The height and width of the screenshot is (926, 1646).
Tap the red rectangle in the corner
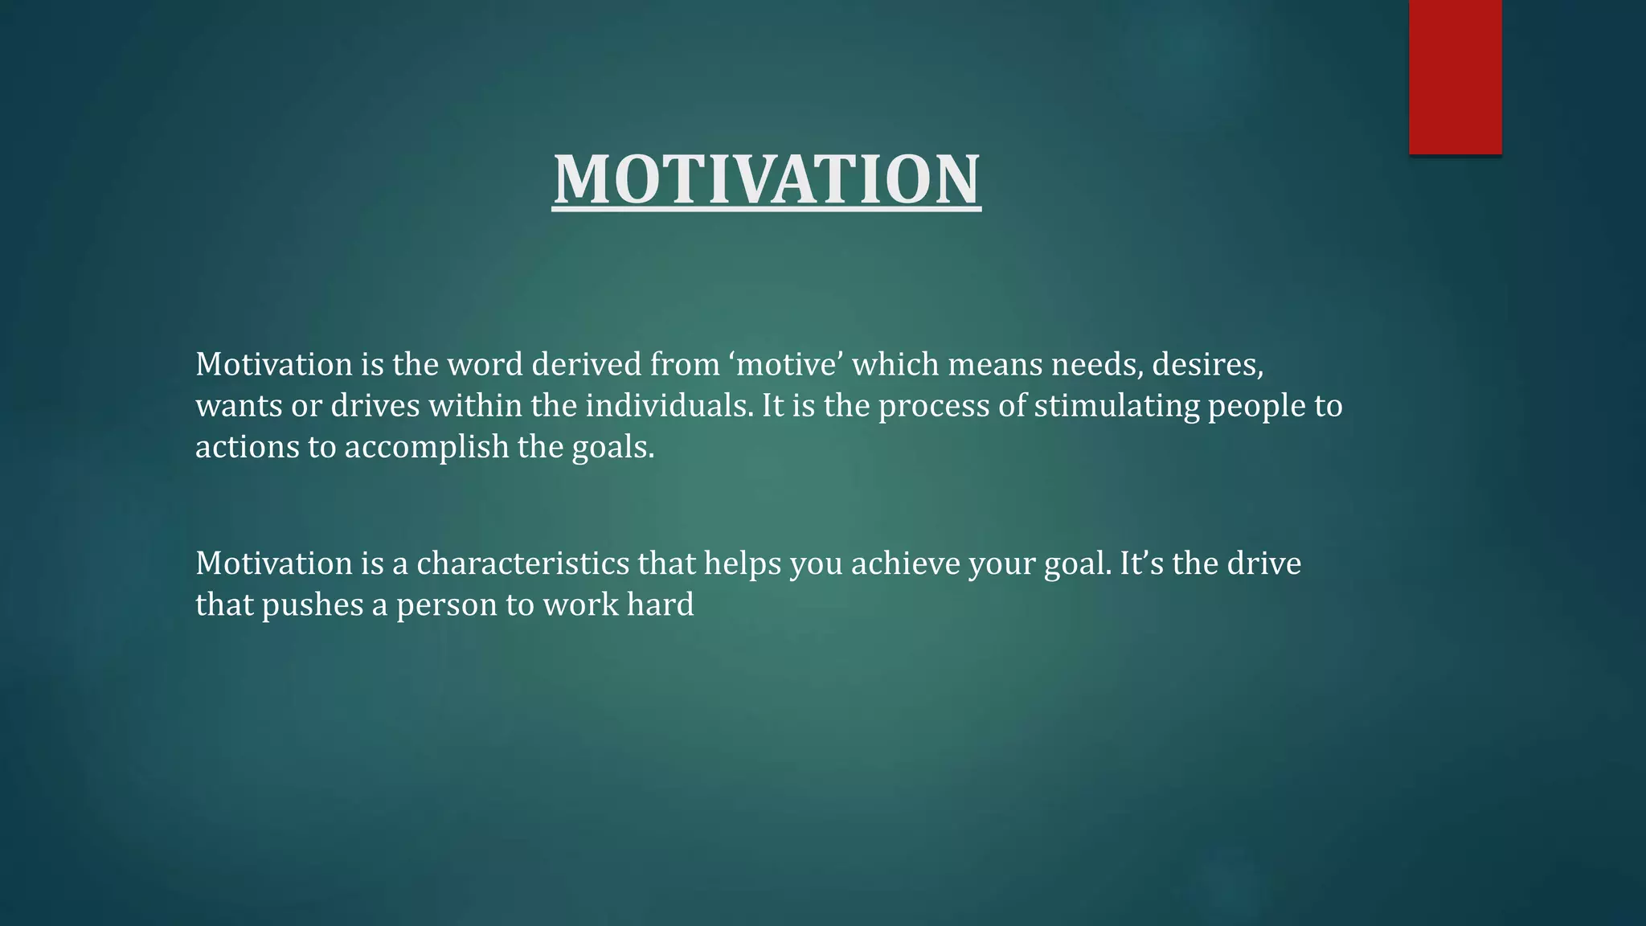click(x=1455, y=76)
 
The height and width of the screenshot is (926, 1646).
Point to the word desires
click(x=1207, y=364)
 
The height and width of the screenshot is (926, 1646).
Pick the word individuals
click(x=669, y=405)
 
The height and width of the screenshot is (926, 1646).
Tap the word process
click(x=933, y=405)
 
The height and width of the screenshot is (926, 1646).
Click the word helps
click(x=743, y=563)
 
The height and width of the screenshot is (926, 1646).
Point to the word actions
click(x=247, y=447)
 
